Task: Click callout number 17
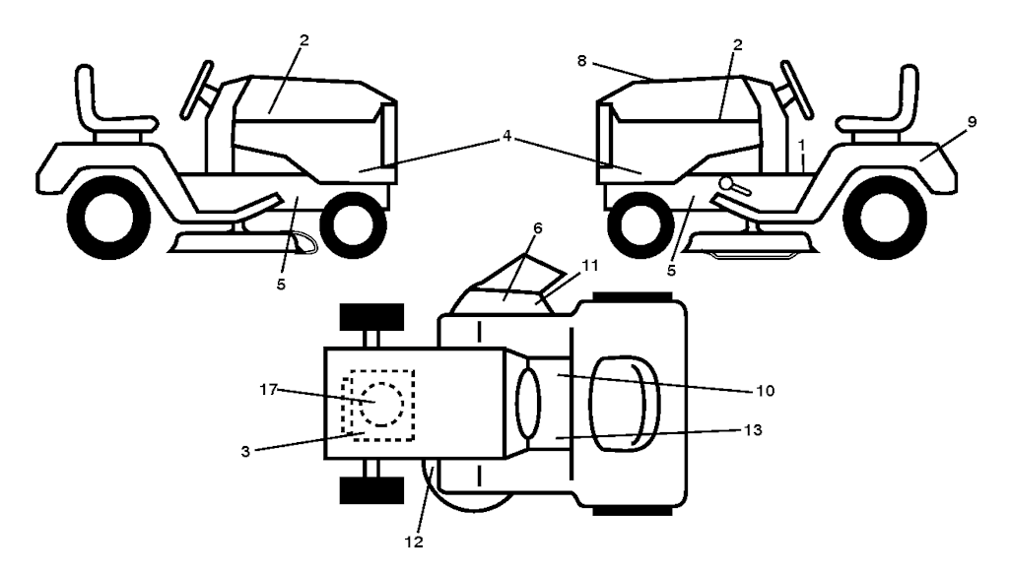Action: click(x=268, y=390)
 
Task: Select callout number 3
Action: click(x=245, y=452)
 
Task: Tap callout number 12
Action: click(x=414, y=542)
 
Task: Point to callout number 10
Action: click(x=765, y=390)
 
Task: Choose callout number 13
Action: click(x=753, y=429)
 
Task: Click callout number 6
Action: click(x=537, y=228)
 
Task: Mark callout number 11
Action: click(x=590, y=265)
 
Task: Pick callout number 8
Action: click(x=581, y=61)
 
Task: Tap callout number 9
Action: click(x=972, y=121)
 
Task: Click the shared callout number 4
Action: click(x=507, y=136)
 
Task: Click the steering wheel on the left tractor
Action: click(x=197, y=90)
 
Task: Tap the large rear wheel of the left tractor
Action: click(x=108, y=218)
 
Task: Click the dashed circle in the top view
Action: click(x=381, y=404)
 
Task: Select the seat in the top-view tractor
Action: click(x=625, y=404)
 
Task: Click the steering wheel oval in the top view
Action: click(x=528, y=404)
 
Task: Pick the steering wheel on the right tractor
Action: click(x=796, y=90)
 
